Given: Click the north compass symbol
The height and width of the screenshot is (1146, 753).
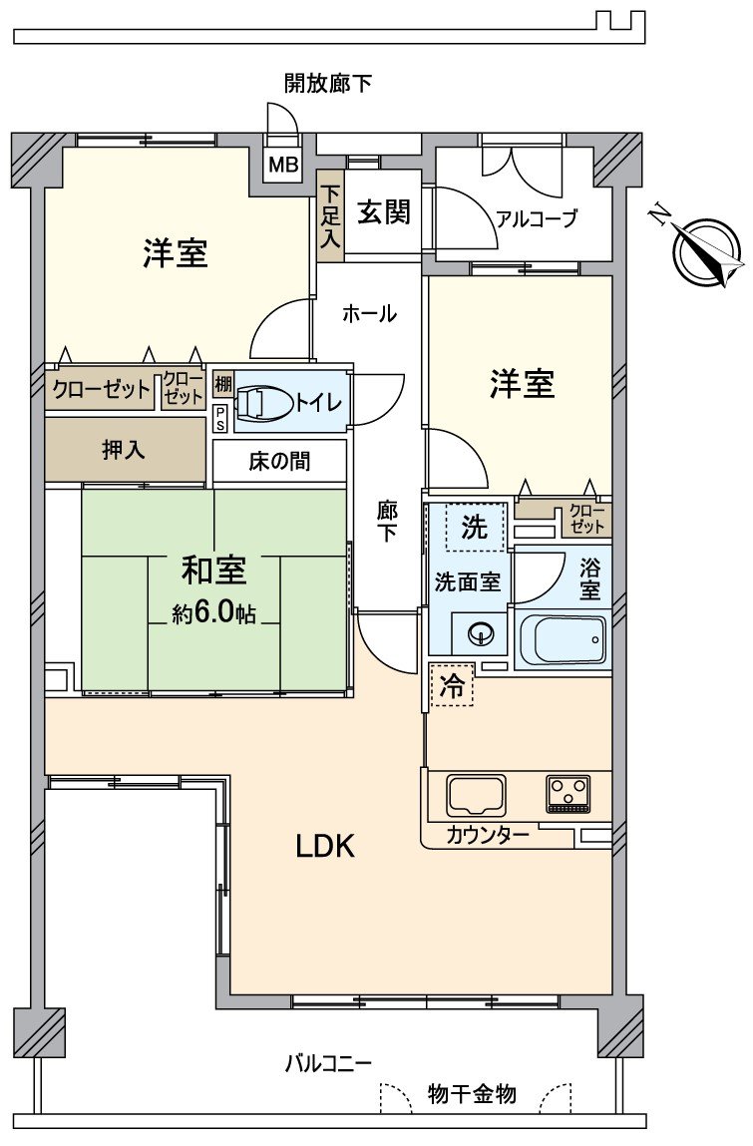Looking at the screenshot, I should [706, 251].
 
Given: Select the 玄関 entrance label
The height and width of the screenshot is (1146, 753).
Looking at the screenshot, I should [384, 212].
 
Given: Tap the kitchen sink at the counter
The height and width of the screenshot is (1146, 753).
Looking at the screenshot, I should [477, 794].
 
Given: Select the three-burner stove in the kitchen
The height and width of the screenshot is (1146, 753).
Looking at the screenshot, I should [569, 794].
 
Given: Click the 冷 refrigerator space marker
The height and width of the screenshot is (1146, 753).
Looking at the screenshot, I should [452, 686].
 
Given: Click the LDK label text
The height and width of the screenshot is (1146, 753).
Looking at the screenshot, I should [325, 846].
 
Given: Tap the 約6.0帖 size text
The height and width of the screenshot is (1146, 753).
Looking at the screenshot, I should [213, 613].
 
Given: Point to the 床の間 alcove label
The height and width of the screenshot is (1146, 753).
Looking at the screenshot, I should [279, 461].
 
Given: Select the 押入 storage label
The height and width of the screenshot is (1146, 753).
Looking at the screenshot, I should [124, 449].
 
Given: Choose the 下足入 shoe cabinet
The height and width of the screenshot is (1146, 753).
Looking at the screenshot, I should [330, 216].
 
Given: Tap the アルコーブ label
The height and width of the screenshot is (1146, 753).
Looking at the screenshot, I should [537, 219].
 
